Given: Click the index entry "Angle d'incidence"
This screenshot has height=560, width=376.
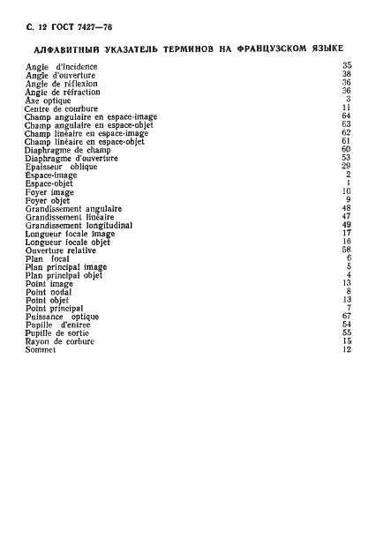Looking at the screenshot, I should [61, 66].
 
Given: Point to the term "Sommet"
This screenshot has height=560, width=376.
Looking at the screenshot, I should [41, 349].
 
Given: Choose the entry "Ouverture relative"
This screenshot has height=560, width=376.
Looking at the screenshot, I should [65, 250].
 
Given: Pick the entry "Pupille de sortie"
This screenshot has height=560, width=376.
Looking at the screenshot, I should [60, 332].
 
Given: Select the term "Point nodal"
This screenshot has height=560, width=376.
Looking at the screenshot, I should [49, 291].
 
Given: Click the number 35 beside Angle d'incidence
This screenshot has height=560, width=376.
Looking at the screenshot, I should [347, 66].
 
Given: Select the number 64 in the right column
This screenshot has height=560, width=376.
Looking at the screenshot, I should [347, 116].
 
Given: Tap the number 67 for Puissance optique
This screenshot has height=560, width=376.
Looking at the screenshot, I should [347, 316].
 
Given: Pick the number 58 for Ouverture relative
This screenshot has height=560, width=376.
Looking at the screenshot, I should [347, 250].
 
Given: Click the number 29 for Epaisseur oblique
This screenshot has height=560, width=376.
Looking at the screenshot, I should [347, 166].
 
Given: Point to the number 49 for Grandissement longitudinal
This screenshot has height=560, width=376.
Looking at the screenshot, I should [347, 225].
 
